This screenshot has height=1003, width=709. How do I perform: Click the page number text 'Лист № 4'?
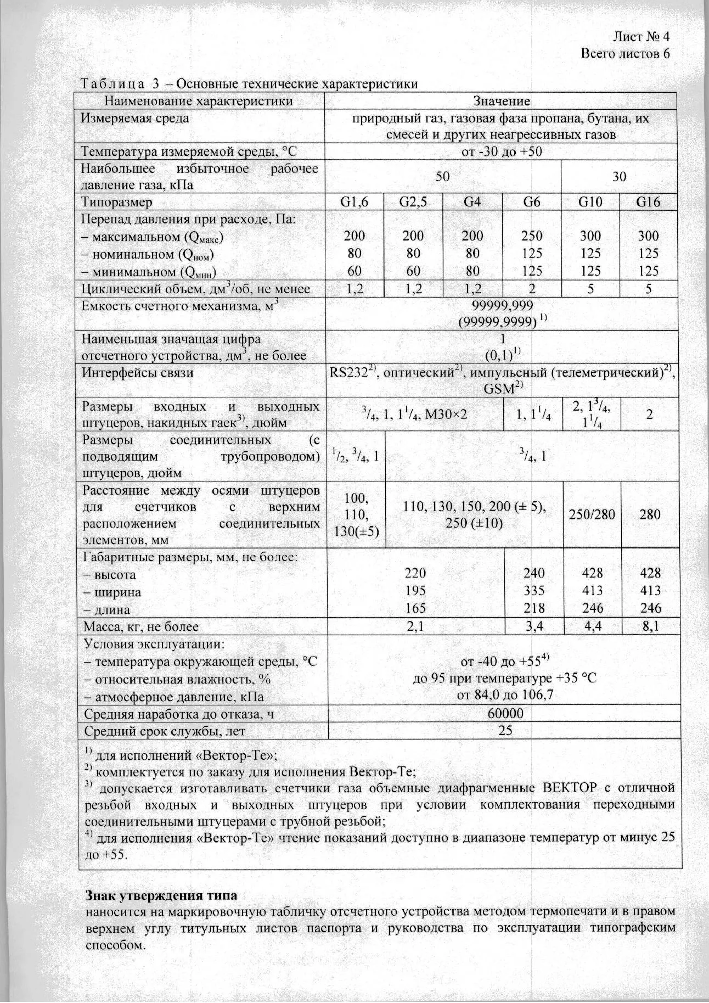[x=641, y=37]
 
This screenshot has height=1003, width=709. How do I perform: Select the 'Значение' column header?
[x=502, y=101]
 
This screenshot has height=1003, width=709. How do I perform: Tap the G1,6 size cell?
[x=354, y=202]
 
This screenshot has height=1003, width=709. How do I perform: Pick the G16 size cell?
[x=648, y=202]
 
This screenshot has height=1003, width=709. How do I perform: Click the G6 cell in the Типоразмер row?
[x=532, y=202]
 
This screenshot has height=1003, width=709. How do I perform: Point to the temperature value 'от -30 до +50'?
[x=502, y=152]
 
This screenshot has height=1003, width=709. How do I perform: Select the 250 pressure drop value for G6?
[x=532, y=236]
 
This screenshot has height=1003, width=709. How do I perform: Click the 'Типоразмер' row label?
[x=116, y=202]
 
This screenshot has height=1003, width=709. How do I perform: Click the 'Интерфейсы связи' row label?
[x=137, y=373]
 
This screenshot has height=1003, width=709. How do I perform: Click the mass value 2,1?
[x=415, y=626]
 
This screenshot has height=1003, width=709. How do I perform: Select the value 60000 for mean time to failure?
[x=502, y=713]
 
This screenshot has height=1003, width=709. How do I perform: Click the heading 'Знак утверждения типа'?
[x=161, y=895]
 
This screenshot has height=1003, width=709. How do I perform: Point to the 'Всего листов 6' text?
[x=626, y=54]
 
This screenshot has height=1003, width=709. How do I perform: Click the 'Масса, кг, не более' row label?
[x=140, y=626]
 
